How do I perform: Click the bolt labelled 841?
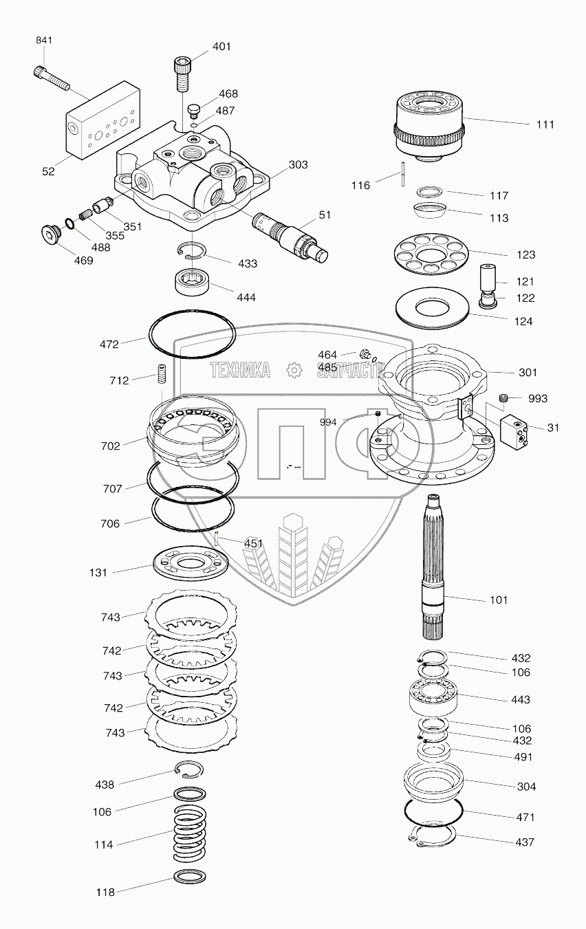[x=51, y=78]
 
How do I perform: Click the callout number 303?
[x=299, y=165]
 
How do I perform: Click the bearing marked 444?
[x=194, y=281]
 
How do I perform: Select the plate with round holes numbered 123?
[x=433, y=254]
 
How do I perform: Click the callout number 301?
[x=528, y=373]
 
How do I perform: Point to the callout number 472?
[x=109, y=343]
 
